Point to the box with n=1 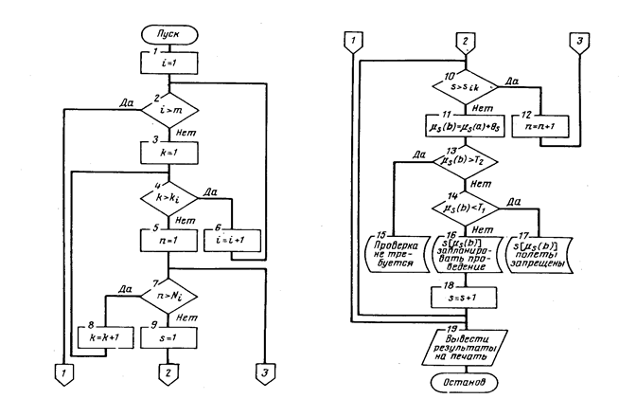pyautogui.click(x=168, y=242)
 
